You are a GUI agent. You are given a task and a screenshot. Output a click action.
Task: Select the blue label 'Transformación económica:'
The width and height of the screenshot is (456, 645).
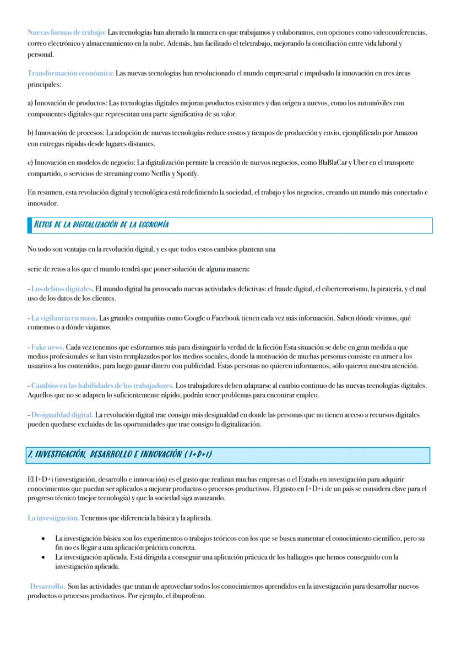[70, 74]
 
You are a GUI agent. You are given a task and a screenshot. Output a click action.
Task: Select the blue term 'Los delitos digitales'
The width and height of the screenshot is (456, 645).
[62, 288]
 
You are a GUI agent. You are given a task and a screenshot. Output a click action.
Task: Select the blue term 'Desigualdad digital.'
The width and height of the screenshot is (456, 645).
[62, 414]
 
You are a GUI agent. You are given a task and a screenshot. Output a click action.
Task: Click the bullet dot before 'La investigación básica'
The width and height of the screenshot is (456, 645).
[42, 537]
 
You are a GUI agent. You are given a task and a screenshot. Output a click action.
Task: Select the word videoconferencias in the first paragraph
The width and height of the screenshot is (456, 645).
[398, 32]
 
